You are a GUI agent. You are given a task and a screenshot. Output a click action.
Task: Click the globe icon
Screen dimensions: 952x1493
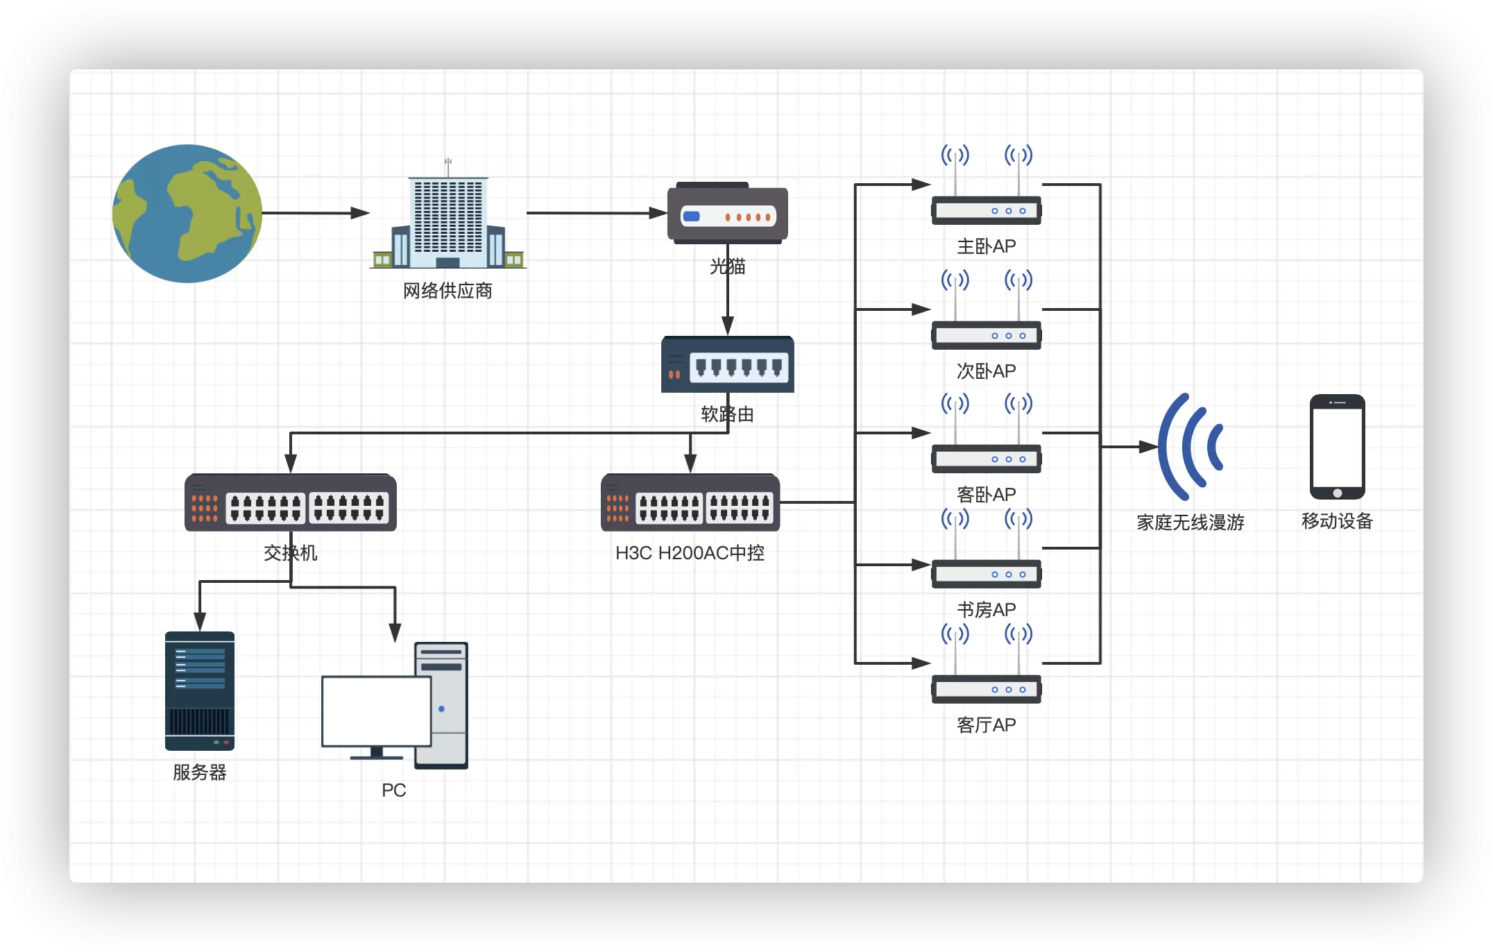[187, 213]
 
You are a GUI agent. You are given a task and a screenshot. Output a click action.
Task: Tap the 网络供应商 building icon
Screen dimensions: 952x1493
[448, 219]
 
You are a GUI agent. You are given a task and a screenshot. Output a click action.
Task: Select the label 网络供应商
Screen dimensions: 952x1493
[447, 291]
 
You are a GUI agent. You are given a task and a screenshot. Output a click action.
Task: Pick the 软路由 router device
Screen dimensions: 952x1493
[727, 365]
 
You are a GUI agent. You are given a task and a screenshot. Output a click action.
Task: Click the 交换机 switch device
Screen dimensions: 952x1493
[290, 503]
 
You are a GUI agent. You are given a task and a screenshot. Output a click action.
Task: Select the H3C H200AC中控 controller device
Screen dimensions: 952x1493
[690, 503]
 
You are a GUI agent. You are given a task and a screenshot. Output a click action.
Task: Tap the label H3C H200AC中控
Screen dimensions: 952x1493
[690, 553]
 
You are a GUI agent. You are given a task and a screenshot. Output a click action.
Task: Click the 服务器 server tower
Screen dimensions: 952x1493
[200, 690]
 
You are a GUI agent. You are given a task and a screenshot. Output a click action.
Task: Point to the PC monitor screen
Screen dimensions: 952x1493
[376, 711]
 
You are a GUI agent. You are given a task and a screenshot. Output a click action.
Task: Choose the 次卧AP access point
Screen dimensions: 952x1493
[986, 334]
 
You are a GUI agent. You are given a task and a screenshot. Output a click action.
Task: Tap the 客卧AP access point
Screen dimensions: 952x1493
[986, 458]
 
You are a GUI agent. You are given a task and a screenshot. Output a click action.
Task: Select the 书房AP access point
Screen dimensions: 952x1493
[986, 573]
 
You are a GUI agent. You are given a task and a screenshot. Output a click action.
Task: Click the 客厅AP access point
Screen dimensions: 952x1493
[986, 688]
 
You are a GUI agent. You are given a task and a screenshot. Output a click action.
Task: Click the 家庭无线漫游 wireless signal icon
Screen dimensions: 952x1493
[1190, 447]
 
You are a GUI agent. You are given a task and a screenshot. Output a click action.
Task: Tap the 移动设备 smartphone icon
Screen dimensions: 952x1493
[1337, 447]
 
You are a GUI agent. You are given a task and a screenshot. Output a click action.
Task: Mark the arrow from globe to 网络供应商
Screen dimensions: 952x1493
[315, 213]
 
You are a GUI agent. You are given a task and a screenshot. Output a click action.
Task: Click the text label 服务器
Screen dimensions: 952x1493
[200, 772]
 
